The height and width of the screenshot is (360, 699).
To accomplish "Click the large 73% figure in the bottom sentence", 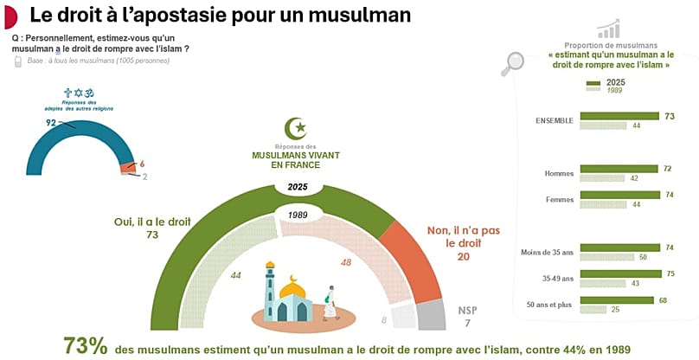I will click(85, 345).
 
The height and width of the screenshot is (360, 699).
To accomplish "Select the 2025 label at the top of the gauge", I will click(298, 187).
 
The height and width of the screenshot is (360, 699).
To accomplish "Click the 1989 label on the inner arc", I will click(298, 213).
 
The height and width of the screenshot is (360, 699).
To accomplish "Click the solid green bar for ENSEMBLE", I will click(619, 116).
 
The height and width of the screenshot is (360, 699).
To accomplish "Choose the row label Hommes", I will click(559, 174).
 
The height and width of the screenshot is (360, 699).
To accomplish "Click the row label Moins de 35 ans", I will click(547, 252).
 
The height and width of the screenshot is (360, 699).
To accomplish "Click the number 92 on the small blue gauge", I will click(51, 123).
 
